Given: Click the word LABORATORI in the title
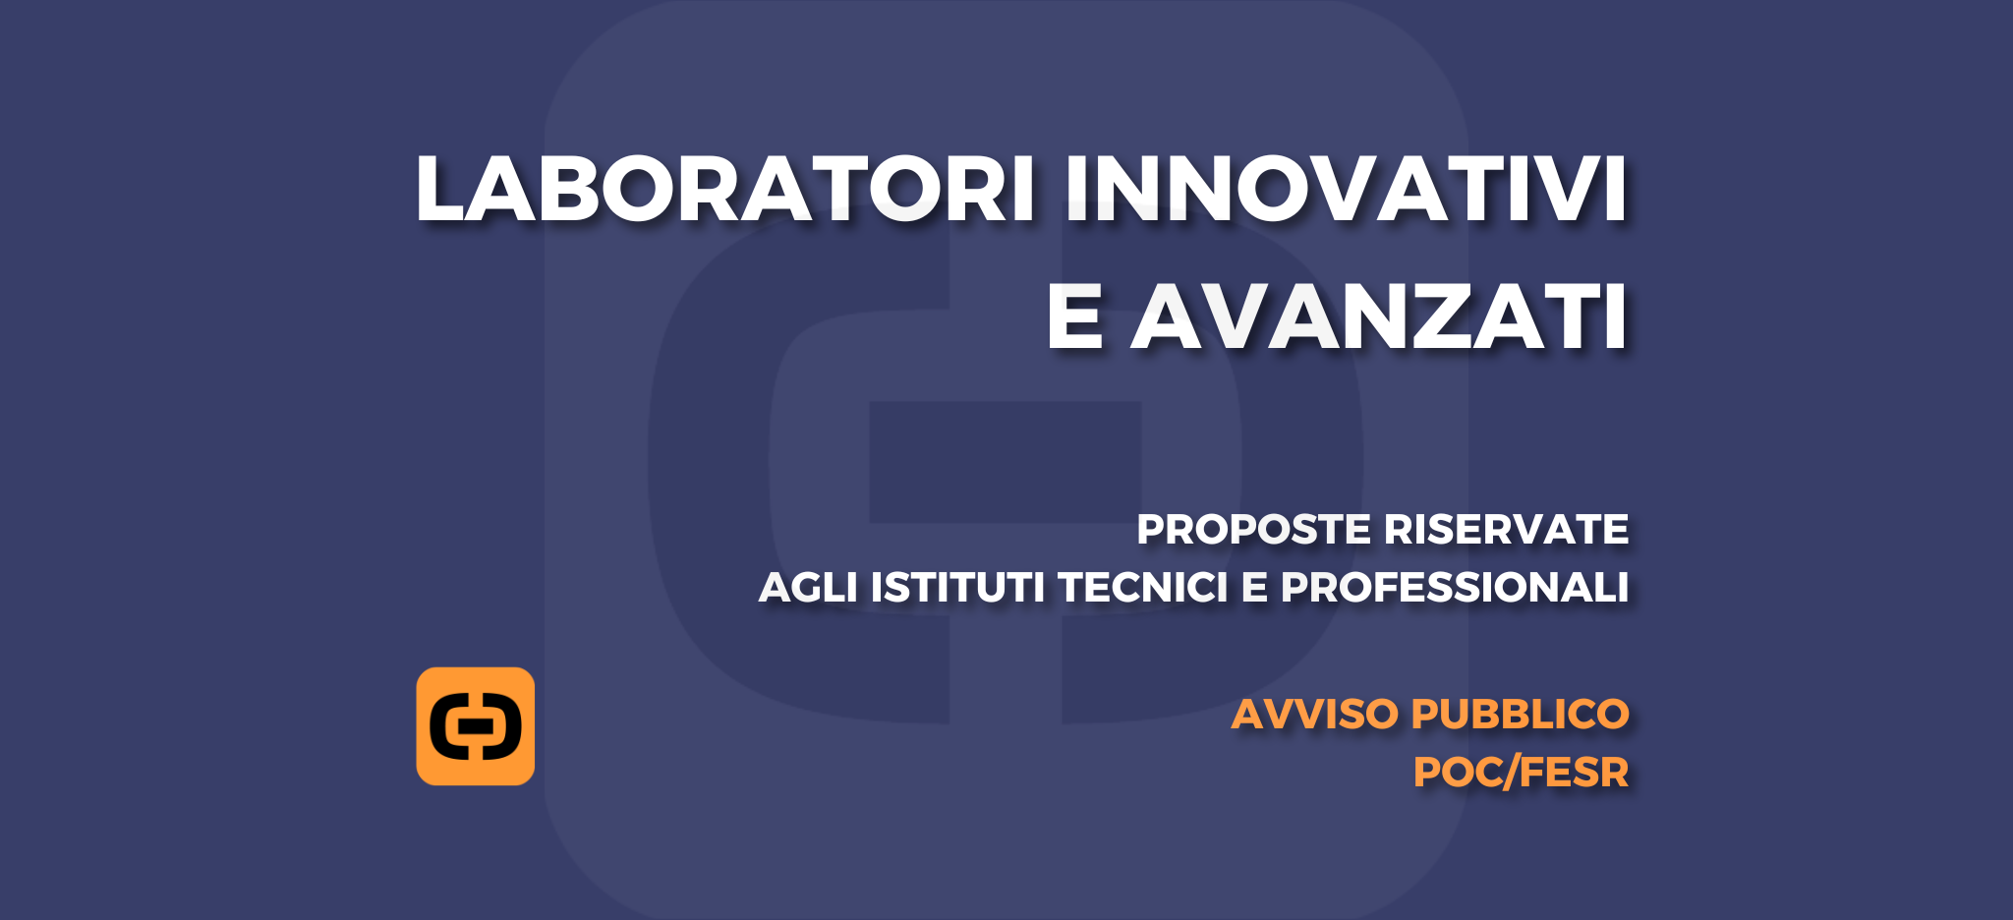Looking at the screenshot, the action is [x=725, y=189].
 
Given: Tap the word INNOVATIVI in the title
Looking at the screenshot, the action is [x=1347, y=189].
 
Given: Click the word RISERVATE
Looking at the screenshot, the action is [x=1506, y=529].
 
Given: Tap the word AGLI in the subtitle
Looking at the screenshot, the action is [x=808, y=587].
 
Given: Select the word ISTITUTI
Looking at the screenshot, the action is [x=957, y=587].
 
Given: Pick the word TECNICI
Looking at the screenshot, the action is [x=1143, y=587].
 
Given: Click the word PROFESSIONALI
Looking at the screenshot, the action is [x=1455, y=587].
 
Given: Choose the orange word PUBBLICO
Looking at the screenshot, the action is [x=1521, y=714].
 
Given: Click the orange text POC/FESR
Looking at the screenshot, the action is [x=1521, y=772].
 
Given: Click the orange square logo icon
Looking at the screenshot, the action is [x=476, y=726].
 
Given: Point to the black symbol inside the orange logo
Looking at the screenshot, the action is [x=476, y=726].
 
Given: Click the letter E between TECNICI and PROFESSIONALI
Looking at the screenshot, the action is [x=1255, y=587].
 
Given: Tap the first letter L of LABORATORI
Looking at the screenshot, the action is [x=439, y=189].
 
